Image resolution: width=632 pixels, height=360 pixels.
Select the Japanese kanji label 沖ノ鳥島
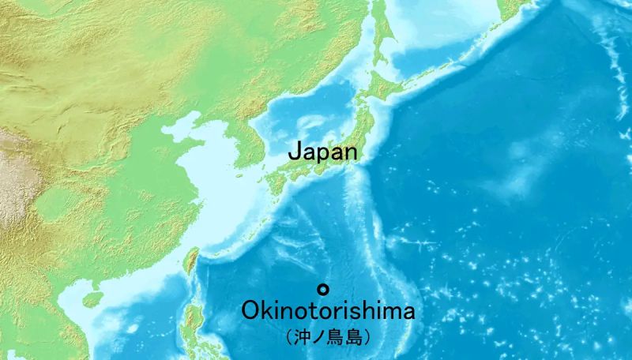click(327, 337)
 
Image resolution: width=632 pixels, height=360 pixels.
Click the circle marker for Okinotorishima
click(322, 288)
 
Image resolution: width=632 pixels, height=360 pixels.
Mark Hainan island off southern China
click(92, 300)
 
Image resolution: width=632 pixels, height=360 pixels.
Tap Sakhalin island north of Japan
click(380, 32)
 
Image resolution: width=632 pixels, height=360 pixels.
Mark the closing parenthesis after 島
click(367, 337)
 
